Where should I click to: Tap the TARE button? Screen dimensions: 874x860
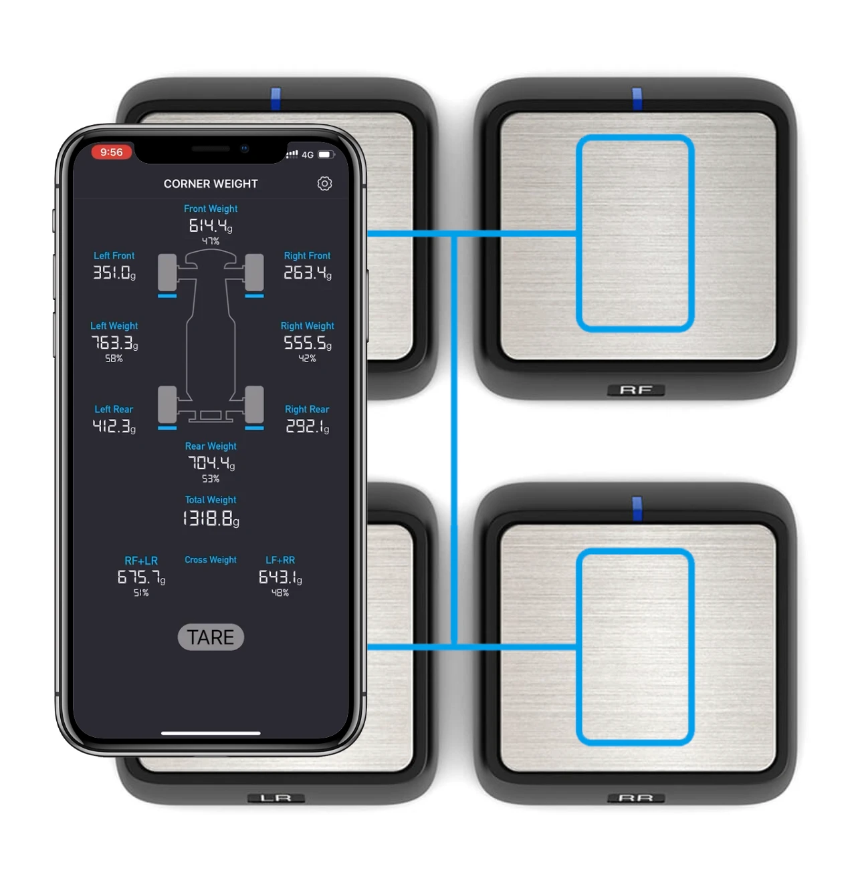[211, 637]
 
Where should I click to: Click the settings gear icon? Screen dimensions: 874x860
[324, 184]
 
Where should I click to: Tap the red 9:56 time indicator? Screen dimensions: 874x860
[112, 152]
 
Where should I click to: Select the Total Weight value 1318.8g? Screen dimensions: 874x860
[211, 519]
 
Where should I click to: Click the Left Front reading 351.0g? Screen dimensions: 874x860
[114, 273]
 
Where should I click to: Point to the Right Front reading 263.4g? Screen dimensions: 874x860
[307, 273]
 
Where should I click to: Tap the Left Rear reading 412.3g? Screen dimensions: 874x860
[114, 426]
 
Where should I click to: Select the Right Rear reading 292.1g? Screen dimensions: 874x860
[307, 426]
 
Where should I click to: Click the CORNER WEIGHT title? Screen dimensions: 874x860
[211, 184]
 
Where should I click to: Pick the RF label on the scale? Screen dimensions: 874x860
[635, 390]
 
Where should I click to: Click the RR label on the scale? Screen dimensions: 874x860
[635, 798]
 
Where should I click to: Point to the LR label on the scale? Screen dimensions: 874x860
[276, 798]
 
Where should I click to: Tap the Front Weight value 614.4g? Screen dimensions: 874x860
[211, 226]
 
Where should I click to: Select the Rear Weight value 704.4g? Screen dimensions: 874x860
[211, 462]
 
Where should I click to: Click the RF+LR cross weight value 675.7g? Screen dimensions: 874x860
[141, 577]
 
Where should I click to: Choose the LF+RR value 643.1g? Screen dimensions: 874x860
[280, 577]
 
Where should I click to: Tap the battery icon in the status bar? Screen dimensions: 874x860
[325, 154]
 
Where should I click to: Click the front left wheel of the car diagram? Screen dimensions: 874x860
[167, 272]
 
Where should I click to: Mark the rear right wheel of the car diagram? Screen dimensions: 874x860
[254, 404]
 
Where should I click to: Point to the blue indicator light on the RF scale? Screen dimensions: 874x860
[637, 98]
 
